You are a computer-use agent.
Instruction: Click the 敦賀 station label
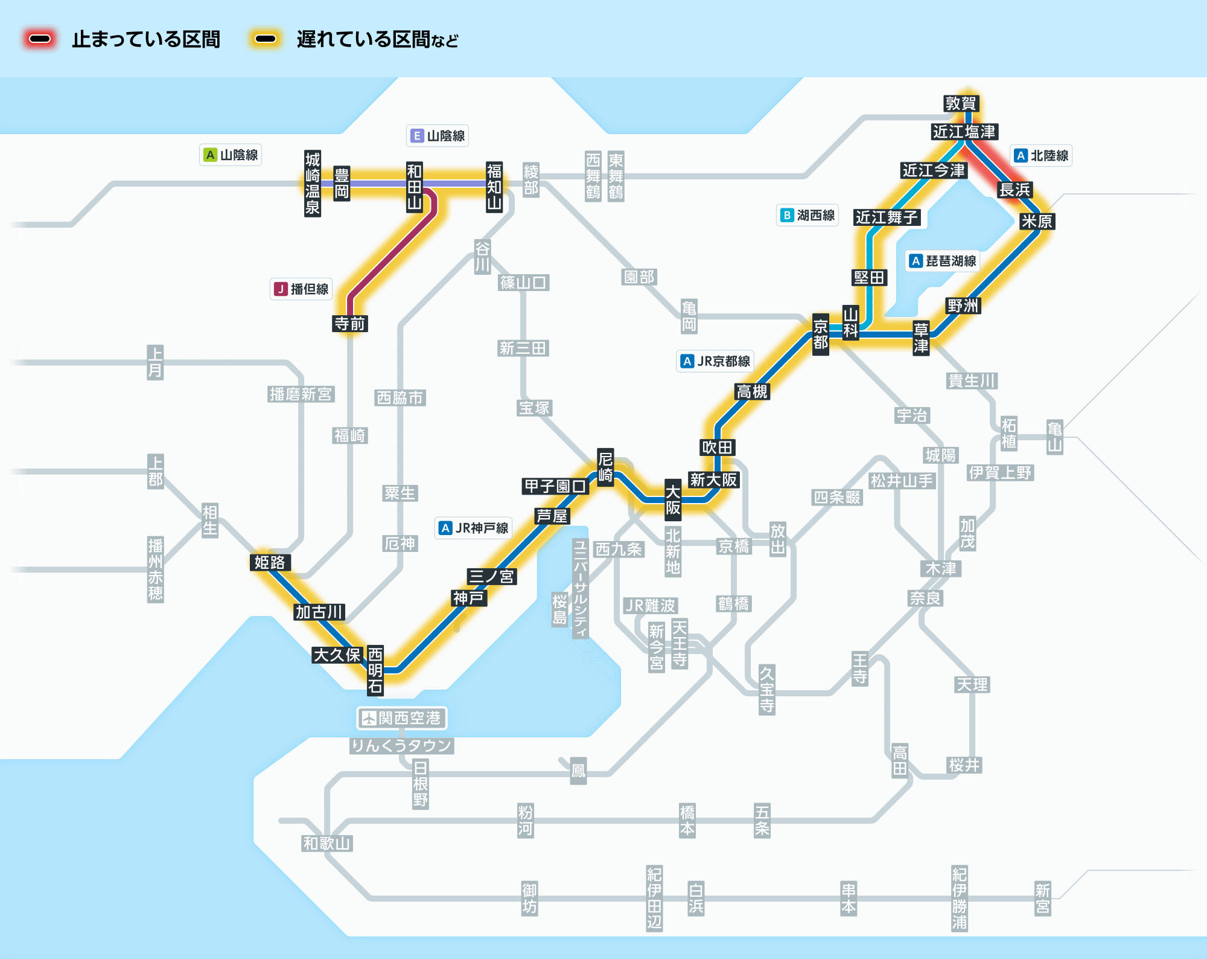[x=960, y=103]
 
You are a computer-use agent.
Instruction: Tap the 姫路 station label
[x=269, y=562]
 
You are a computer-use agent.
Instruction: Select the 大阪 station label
[x=673, y=499]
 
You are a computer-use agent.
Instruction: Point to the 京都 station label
[x=820, y=335]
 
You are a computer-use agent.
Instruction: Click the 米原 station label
[x=1036, y=221]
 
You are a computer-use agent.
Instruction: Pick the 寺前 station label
[x=350, y=324]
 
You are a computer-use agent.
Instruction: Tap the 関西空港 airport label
[x=402, y=718]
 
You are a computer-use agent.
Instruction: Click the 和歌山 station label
[x=326, y=843]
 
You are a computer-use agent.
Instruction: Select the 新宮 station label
[x=1042, y=898]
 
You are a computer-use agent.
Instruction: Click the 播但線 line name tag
[x=301, y=289]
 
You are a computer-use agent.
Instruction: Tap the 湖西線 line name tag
[x=807, y=215]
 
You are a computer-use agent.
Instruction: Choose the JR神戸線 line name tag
[x=474, y=528]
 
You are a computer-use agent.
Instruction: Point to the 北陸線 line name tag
[x=1041, y=156]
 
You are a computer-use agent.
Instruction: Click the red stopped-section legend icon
[x=40, y=39]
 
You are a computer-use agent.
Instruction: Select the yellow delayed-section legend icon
[x=266, y=39]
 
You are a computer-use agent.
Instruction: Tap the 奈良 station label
[x=925, y=598]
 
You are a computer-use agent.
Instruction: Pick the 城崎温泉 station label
[x=312, y=184]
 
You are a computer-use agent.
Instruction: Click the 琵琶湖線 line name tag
[x=943, y=261]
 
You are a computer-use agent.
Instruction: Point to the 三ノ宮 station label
[x=491, y=576]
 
